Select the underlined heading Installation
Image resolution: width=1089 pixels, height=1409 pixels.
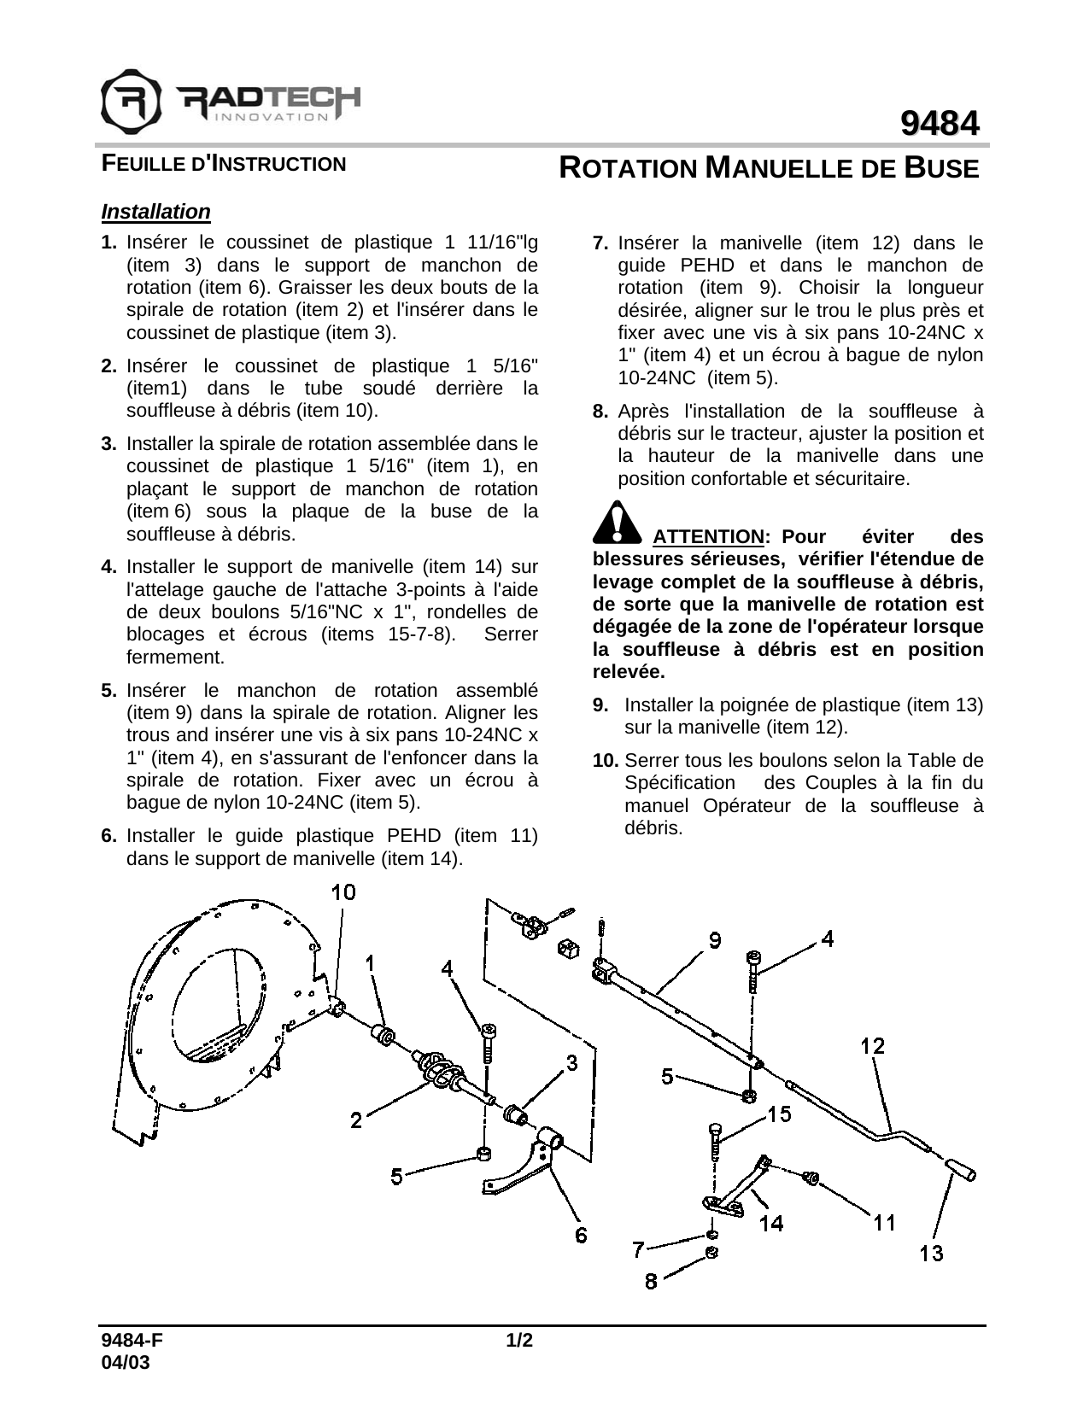pyautogui.click(x=155, y=211)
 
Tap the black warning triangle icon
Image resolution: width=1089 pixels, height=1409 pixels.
pyautogui.click(x=617, y=523)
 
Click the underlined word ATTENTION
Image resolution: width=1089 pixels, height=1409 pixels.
pyautogui.click(x=708, y=537)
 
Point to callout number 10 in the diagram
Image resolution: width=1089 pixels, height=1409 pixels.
pyautogui.click(x=343, y=892)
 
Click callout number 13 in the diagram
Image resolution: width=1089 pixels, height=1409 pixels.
pyautogui.click(x=932, y=1254)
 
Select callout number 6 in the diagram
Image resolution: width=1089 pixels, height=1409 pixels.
pyautogui.click(x=582, y=1235)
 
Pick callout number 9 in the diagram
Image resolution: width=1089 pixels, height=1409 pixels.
pyautogui.click(x=715, y=939)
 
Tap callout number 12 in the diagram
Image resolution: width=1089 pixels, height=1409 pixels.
pyautogui.click(x=872, y=1045)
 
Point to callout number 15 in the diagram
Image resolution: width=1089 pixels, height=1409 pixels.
pyautogui.click(x=778, y=1114)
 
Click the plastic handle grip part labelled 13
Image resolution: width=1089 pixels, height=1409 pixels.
pyautogui.click(x=961, y=1169)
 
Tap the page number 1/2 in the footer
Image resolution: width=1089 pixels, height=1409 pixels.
pyautogui.click(x=519, y=1341)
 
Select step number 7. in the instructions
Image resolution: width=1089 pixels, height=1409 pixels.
pyautogui.click(x=600, y=243)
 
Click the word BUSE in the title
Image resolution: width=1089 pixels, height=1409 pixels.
pyautogui.click(x=941, y=168)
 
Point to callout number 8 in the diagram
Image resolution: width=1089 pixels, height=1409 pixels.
pyautogui.click(x=651, y=1282)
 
